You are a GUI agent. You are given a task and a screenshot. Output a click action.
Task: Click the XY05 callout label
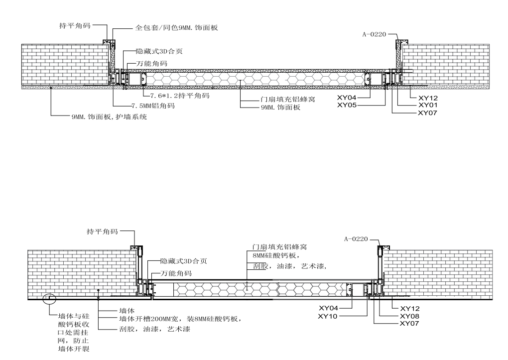pos(347,105)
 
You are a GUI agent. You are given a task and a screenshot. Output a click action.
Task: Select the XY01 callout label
pos(428,106)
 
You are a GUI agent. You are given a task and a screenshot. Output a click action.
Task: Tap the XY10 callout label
pos(329,316)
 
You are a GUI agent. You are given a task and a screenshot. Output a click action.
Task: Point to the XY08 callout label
pos(410,316)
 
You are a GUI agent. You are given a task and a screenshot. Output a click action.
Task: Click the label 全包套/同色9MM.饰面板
pos(177,28)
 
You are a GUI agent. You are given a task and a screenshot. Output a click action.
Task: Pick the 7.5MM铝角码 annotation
pos(153,106)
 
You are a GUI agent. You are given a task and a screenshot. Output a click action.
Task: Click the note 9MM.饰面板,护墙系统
pos(109,118)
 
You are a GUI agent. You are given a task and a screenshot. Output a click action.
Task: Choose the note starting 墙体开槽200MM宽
pos(180,319)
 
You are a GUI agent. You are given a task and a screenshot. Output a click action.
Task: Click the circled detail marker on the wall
pos(49,299)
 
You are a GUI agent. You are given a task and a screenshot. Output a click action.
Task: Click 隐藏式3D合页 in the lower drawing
pos(183,261)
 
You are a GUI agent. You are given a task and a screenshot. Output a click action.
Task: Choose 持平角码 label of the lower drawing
pos(103,232)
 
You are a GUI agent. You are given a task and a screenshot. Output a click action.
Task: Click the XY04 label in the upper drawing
pos(347,98)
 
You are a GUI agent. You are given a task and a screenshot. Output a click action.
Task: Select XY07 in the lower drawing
pos(410,324)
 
